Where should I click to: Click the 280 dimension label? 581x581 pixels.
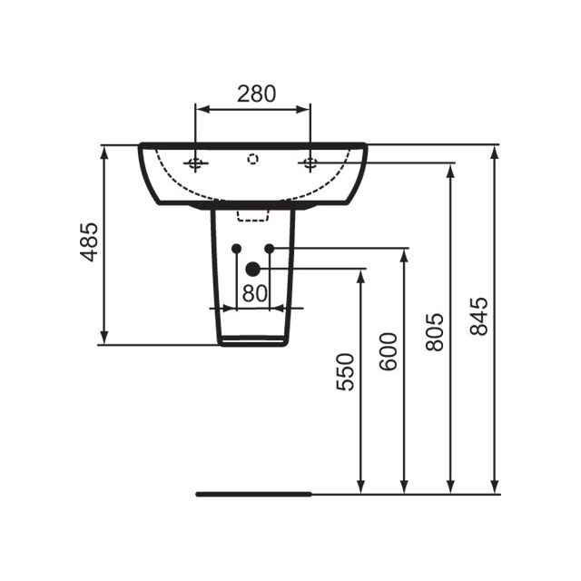click(255, 92)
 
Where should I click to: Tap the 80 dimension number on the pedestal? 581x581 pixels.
click(254, 293)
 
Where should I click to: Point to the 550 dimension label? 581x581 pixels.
click(345, 372)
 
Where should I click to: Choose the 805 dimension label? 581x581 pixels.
click(435, 331)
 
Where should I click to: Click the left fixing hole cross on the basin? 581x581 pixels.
click(196, 163)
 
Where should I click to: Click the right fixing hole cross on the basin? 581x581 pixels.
click(310, 163)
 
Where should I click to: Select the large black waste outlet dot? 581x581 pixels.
click(253, 269)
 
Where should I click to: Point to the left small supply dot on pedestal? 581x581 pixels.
click(236, 248)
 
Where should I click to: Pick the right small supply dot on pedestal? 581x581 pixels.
click(270, 248)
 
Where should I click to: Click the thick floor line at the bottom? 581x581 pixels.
click(254, 494)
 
